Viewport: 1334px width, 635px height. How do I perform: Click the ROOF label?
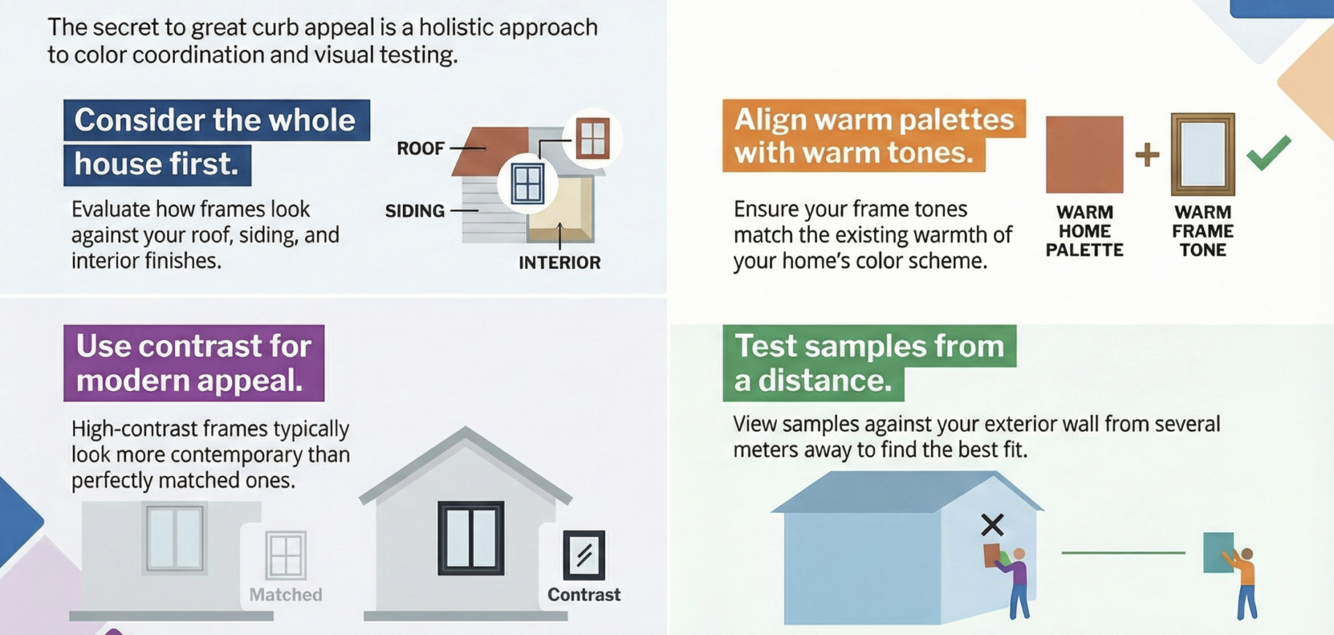(x=420, y=148)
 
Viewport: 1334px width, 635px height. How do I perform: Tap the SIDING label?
(x=415, y=211)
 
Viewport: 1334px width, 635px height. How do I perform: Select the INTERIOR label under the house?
(x=559, y=263)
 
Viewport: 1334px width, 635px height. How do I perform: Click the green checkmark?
(x=1269, y=152)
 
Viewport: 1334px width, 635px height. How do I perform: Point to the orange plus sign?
(x=1147, y=154)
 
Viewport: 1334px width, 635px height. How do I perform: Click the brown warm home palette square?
(x=1085, y=154)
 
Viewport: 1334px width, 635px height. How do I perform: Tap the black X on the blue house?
(x=992, y=525)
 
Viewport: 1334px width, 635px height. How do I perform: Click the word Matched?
(x=286, y=595)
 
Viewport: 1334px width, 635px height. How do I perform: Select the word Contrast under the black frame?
(x=584, y=595)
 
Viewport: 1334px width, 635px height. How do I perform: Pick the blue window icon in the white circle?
(x=527, y=184)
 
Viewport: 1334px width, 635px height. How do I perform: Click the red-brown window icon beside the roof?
(x=593, y=138)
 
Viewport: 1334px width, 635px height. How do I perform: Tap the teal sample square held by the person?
(x=1218, y=552)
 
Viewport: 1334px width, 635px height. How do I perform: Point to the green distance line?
(x=1123, y=553)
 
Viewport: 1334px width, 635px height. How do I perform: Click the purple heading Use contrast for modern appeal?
(x=194, y=363)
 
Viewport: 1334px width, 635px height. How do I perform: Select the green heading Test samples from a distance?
(x=869, y=363)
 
